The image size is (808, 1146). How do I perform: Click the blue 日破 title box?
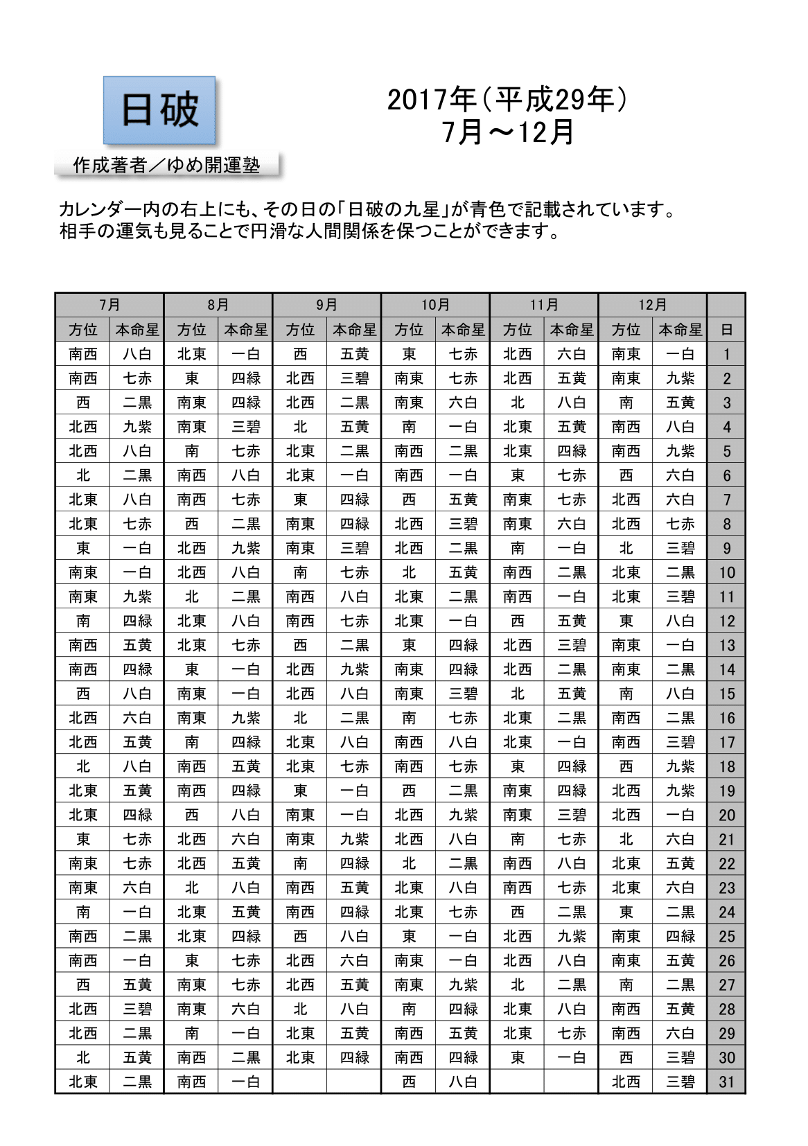coord(159,110)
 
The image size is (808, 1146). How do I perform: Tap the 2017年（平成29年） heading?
coord(507,100)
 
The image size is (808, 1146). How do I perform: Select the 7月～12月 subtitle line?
coord(507,132)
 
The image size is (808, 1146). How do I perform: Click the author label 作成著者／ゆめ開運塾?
coord(166,165)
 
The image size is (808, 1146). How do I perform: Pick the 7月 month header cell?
coord(109,305)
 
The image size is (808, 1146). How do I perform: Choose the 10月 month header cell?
coord(435,305)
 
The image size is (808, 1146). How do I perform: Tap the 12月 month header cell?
coord(652,305)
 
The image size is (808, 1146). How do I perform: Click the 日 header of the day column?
coord(726,330)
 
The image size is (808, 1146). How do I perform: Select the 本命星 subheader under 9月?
coord(354,330)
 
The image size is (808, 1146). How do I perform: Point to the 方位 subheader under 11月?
coord(517,330)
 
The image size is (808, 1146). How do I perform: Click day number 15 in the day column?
coord(726,694)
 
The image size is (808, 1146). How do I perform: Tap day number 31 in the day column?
coord(726,1082)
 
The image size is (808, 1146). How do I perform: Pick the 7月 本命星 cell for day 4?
coord(137,427)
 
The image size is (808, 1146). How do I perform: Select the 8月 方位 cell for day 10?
coord(191,572)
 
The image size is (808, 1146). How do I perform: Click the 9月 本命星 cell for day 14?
coord(354,669)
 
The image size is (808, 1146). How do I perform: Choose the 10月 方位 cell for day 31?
coord(409,1082)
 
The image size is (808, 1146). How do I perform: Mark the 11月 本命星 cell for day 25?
coord(572,936)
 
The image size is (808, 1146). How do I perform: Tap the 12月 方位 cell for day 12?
coord(626,621)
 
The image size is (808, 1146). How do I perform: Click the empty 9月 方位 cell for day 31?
coord(300,1082)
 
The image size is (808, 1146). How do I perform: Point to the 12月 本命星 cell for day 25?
coord(680,936)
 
